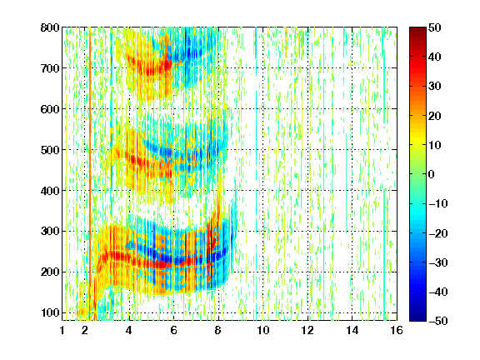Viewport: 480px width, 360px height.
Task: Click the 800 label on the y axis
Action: click(50, 27)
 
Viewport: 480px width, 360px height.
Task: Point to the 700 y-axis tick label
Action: click(50, 68)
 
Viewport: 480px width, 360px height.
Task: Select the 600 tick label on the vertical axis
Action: click(50, 109)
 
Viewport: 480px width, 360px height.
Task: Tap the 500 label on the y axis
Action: click(50, 150)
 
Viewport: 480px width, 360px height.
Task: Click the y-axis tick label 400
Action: click(50, 191)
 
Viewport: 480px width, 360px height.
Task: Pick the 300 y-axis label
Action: click(50, 231)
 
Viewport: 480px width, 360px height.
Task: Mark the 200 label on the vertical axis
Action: click(50, 272)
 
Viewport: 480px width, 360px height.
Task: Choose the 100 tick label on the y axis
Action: click(50, 312)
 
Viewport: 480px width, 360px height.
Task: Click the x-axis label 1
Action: click(62, 330)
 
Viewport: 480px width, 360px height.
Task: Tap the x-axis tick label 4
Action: click(129, 330)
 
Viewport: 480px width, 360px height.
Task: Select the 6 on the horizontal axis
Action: click(173, 330)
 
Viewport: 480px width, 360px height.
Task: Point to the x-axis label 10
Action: click(262, 330)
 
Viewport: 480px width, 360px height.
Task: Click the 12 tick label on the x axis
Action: click(307, 330)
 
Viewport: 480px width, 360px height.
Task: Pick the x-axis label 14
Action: click(352, 330)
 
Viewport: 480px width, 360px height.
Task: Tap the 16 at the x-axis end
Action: click(397, 330)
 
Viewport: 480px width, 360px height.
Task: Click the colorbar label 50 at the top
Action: click(434, 27)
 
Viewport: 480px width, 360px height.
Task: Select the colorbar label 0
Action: click(431, 174)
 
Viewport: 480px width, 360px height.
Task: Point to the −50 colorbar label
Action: click(438, 321)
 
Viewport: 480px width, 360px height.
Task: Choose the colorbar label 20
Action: click(434, 116)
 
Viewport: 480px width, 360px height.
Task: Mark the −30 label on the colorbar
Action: click(438, 262)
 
